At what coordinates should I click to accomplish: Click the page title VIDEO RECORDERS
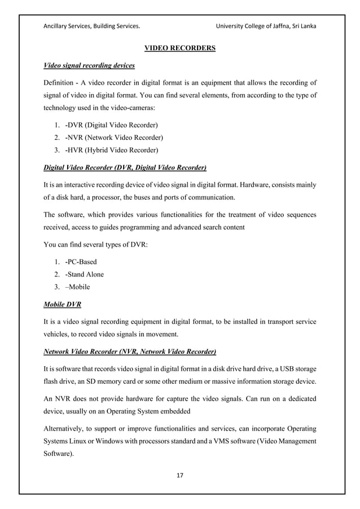tap(180, 49)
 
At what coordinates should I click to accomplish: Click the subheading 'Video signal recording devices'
tap(89, 66)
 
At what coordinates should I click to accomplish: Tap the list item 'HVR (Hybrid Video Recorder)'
tap(112, 150)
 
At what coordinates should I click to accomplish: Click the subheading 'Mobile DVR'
tap(62, 305)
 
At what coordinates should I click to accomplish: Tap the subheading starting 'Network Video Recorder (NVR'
tap(130, 352)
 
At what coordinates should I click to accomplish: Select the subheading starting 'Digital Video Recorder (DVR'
tap(125, 168)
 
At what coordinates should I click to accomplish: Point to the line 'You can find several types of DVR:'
tap(96, 244)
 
